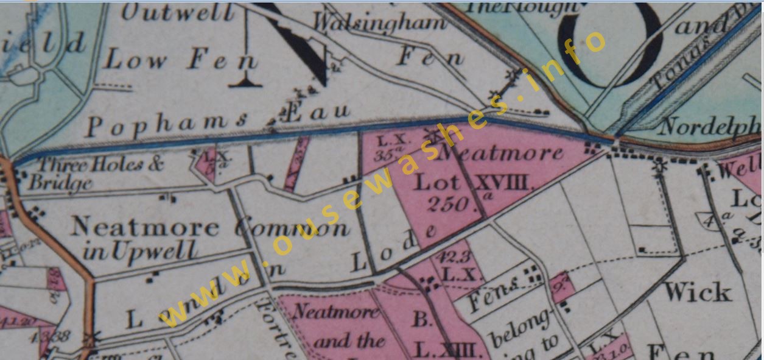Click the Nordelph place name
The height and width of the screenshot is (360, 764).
pos(709,127)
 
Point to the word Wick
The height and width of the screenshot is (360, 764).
pos(698,293)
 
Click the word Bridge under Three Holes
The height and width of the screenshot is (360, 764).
pos(61,182)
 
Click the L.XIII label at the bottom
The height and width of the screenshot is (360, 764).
pos(450,350)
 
